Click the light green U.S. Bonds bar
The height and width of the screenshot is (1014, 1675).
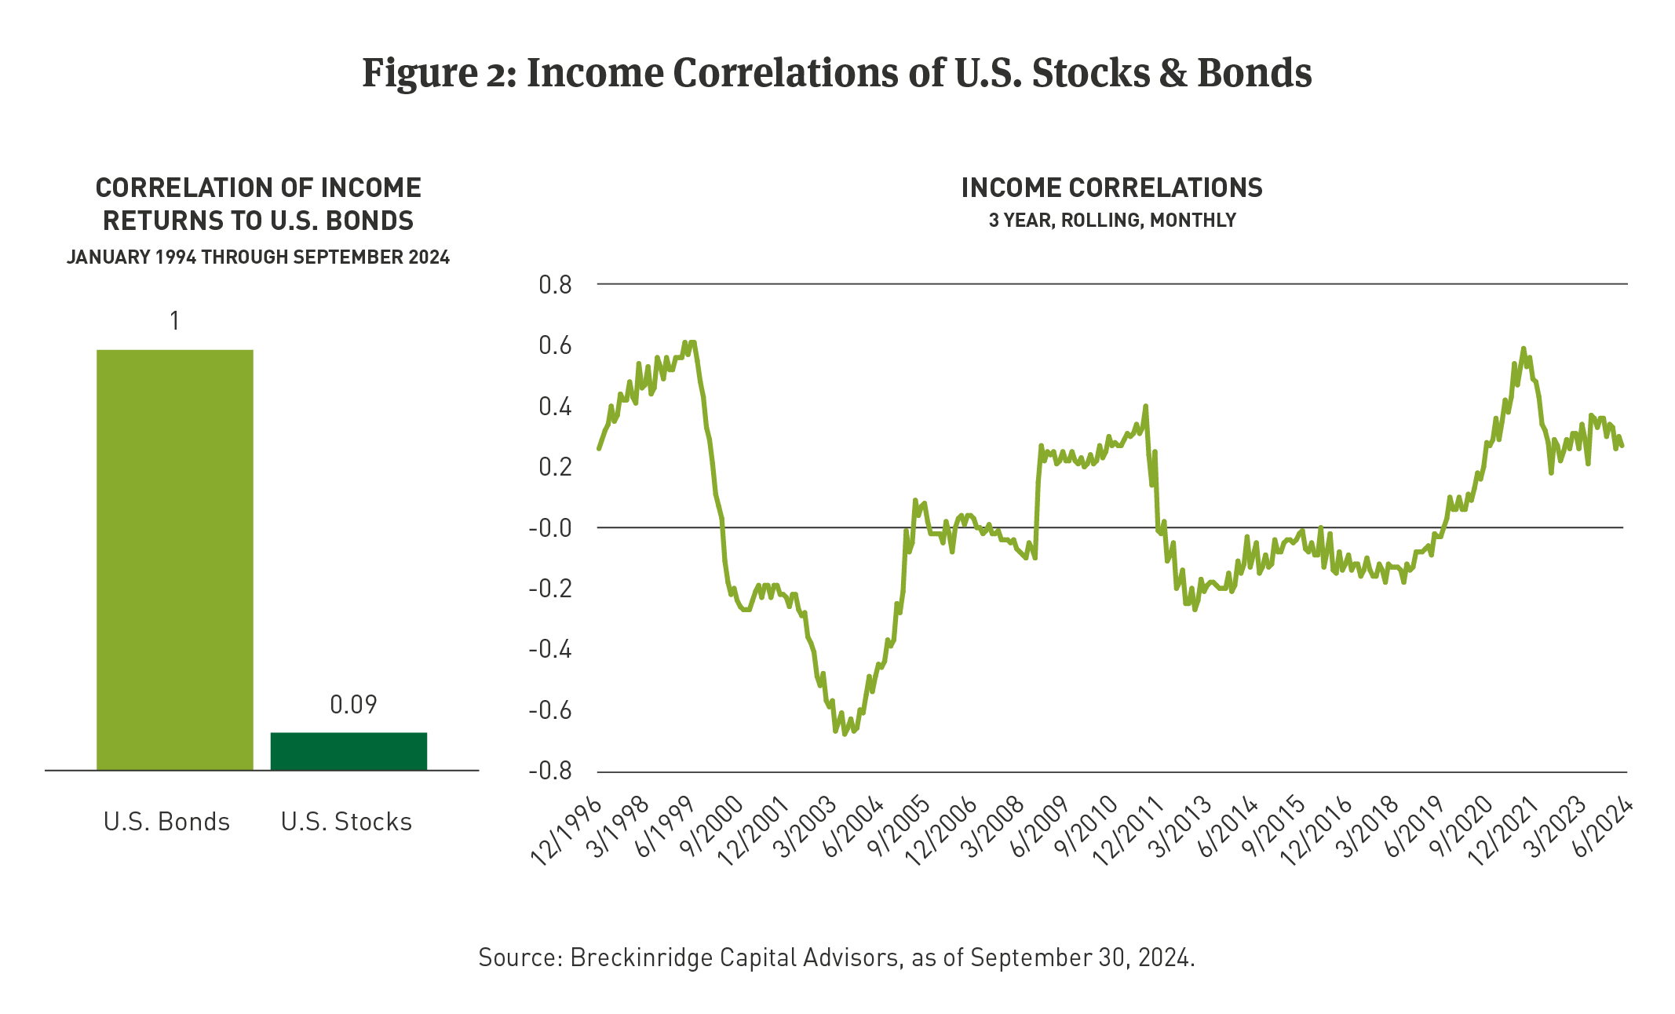[x=174, y=560]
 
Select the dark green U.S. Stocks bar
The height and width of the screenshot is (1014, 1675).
[x=349, y=751]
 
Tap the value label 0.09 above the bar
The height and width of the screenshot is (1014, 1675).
[x=353, y=705]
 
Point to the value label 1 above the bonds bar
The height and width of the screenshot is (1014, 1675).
[x=174, y=321]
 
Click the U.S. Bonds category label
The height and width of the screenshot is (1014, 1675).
[x=166, y=822]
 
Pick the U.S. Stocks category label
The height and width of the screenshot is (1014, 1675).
[x=346, y=822]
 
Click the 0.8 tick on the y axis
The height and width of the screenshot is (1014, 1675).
[x=555, y=285]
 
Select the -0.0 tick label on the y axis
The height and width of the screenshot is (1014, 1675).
[x=550, y=528]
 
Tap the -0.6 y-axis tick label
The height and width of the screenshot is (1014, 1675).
[x=550, y=711]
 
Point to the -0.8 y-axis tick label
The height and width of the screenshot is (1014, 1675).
[x=550, y=771]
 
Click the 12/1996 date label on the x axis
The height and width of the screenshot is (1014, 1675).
[x=567, y=832]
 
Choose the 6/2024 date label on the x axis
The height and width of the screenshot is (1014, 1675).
[x=1603, y=830]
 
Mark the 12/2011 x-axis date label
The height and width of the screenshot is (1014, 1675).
[x=1128, y=832]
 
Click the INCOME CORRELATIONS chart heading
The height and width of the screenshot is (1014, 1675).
[x=1111, y=188]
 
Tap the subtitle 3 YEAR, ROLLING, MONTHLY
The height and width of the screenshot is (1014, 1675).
[x=1111, y=221]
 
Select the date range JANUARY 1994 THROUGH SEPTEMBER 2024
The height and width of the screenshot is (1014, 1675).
[x=258, y=257]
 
